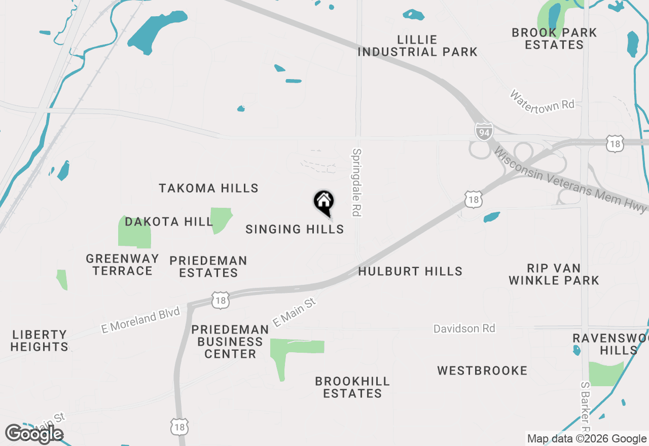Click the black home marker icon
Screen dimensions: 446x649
click(323, 202)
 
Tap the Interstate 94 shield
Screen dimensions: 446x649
click(484, 131)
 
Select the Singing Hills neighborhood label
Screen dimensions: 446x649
click(295, 230)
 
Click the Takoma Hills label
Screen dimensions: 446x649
click(208, 189)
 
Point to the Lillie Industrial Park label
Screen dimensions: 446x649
click(418, 46)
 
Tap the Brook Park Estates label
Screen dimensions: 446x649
click(554, 39)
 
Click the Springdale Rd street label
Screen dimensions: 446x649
click(357, 182)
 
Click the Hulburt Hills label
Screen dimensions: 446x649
click(410, 272)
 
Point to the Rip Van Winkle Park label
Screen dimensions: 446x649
click(554, 274)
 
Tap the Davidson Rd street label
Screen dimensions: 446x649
click(464, 329)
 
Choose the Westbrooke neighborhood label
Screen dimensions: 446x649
click(482, 371)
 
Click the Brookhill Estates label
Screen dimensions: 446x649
click(352, 387)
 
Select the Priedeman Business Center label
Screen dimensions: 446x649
click(230, 342)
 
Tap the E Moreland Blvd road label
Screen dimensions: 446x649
click(140, 320)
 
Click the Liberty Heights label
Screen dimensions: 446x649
click(40, 341)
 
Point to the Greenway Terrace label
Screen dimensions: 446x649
click(122, 265)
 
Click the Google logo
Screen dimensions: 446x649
click(34, 434)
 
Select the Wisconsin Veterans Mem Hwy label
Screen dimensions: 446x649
click(570, 180)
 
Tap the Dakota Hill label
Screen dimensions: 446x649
click(169, 222)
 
